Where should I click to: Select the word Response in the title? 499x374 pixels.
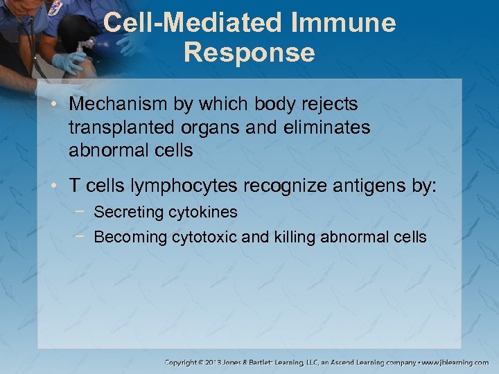(249, 53)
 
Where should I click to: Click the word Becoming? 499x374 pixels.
(126, 237)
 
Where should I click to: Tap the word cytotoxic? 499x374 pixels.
(201, 237)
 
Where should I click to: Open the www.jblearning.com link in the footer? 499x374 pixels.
(455, 362)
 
